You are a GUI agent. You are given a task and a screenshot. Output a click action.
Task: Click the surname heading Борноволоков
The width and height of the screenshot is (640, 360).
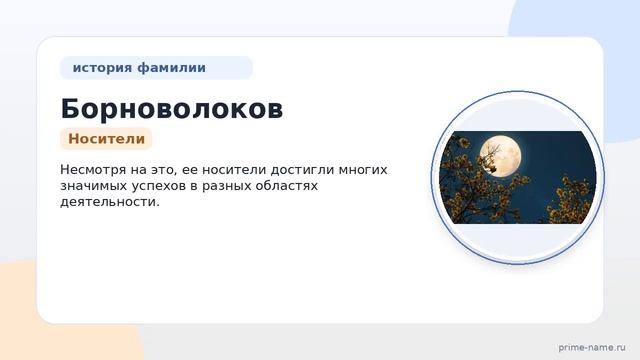click(x=172, y=109)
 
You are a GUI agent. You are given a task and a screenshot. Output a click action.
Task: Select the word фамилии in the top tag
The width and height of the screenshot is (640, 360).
click(x=171, y=67)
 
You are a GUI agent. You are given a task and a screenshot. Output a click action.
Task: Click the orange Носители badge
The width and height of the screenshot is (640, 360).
click(x=107, y=139)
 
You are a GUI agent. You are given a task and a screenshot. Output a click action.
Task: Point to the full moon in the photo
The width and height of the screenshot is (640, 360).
click(x=500, y=156)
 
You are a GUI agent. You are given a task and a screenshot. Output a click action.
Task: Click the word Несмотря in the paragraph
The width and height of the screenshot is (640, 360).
click(x=93, y=170)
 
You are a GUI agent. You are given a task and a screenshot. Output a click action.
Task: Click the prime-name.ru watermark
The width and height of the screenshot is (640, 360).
click(x=592, y=347)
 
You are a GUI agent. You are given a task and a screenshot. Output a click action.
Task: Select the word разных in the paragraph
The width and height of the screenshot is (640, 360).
click(x=227, y=187)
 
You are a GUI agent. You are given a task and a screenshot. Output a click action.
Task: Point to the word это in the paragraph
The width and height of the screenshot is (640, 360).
click(x=163, y=170)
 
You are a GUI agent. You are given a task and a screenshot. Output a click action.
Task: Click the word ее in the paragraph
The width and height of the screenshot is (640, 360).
click(x=190, y=171)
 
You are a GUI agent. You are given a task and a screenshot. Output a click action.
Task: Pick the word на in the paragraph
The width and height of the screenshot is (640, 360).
click(x=138, y=171)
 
